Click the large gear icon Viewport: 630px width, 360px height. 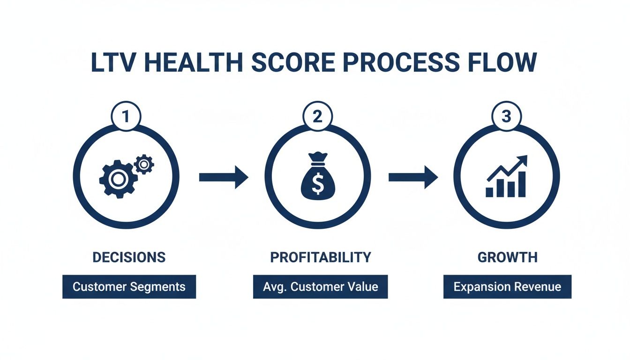tap(118, 179)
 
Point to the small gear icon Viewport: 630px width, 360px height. tap(144, 164)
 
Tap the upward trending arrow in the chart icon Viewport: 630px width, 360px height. tap(509, 168)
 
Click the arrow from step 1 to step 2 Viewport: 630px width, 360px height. tap(223, 177)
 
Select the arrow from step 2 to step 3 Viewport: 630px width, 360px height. tap(413, 177)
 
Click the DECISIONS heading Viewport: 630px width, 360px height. tap(129, 257)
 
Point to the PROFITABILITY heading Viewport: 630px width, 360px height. tap(320, 257)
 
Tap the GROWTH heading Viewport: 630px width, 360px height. tap(507, 257)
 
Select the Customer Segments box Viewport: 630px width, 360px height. tap(129, 287)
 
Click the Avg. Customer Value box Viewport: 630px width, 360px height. tap(320, 287)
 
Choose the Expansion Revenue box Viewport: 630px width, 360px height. tap(507, 287)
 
